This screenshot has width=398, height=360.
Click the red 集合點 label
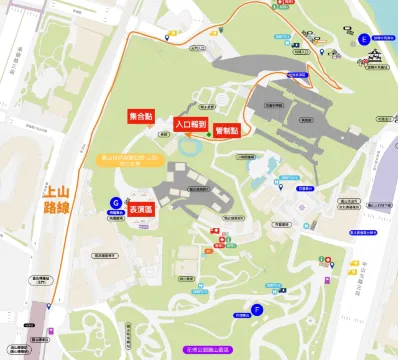click(140, 118)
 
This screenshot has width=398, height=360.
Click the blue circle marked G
click(116, 202)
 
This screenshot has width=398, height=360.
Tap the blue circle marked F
click(258, 310)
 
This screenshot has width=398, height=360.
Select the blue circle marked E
click(363, 41)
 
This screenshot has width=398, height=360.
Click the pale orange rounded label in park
click(129, 160)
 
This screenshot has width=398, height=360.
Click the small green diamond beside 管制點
click(209, 134)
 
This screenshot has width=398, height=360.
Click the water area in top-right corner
click(385, 15)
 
